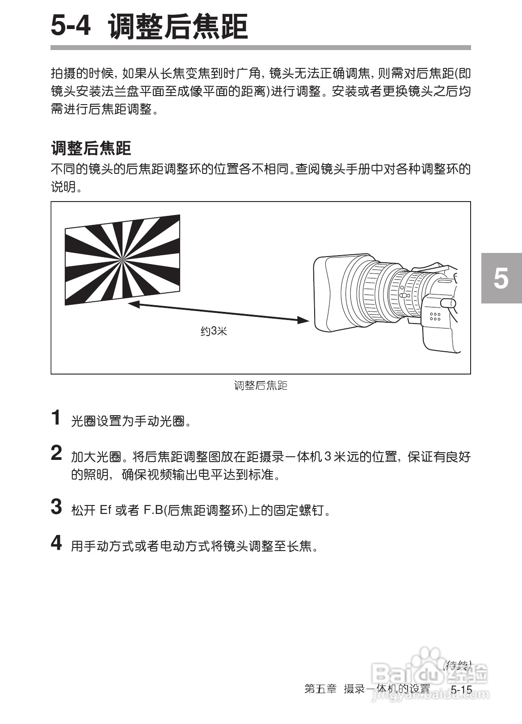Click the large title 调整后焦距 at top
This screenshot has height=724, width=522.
(178, 26)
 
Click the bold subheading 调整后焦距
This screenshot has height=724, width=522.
(91, 148)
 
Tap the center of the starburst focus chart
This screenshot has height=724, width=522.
(122, 258)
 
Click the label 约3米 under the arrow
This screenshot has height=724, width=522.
(214, 331)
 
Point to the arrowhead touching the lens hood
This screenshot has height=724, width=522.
(304, 320)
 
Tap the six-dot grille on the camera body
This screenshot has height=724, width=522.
(435, 316)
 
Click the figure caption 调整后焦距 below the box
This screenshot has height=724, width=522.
(261, 385)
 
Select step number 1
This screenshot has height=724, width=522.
(56, 418)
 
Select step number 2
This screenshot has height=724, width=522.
(56, 453)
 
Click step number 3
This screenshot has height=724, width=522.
(56, 507)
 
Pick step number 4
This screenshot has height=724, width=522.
(56, 543)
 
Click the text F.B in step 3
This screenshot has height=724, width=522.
(153, 510)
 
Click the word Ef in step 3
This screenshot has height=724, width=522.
(105, 510)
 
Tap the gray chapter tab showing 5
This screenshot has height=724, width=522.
(501, 278)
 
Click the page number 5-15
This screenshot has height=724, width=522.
(461, 690)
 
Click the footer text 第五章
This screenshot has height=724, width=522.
(320, 689)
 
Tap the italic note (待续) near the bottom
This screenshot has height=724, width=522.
(457, 665)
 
